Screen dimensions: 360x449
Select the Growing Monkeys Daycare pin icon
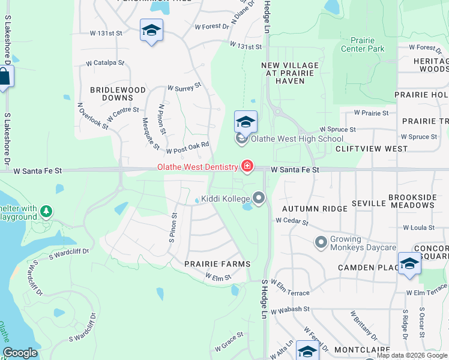(x=321, y=242)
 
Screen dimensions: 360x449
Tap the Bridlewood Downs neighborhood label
(x=118, y=94)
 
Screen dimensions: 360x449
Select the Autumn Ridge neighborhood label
(x=315, y=208)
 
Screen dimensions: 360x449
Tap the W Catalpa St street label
(x=105, y=62)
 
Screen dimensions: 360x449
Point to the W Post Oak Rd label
(x=187, y=148)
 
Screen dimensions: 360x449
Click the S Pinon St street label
(x=172, y=226)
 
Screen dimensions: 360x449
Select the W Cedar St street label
(x=292, y=222)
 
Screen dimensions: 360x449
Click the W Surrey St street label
(x=184, y=88)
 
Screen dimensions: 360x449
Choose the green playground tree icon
(x=46, y=211)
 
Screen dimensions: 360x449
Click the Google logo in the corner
(x=20, y=353)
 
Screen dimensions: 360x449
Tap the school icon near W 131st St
(x=151, y=31)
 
